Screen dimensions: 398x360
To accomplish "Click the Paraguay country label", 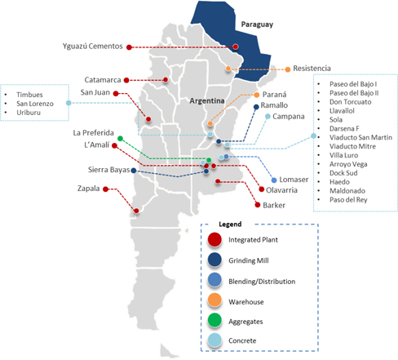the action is pyautogui.click(x=257, y=24).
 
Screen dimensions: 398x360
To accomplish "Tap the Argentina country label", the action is pyautogui.click(x=207, y=101).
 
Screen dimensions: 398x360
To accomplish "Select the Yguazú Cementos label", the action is pyautogui.click(x=93, y=47).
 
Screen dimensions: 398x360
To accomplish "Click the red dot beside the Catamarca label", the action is pyautogui.click(x=126, y=80).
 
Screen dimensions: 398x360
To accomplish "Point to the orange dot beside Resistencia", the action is pyautogui.click(x=288, y=69).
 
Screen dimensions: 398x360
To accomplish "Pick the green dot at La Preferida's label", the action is pyautogui.click(x=120, y=139).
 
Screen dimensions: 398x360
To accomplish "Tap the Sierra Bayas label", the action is pyautogui.click(x=108, y=170).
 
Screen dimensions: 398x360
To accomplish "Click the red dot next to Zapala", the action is pyautogui.click(x=105, y=189).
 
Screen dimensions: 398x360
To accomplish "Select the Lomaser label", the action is pyautogui.click(x=294, y=180).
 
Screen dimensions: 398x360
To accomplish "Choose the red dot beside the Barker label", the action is pyautogui.click(x=258, y=205).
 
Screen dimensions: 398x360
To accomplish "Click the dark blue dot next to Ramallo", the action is pyautogui.click(x=256, y=107).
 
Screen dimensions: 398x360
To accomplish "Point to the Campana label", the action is pyautogui.click(x=289, y=117).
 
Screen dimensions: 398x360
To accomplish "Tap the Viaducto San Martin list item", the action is pyautogui.click(x=360, y=137).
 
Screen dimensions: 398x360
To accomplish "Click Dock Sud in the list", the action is pyautogui.click(x=343, y=173).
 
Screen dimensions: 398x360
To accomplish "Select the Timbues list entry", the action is pyautogui.click(x=29, y=95).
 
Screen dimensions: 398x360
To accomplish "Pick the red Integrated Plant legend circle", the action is pyautogui.click(x=214, y=239).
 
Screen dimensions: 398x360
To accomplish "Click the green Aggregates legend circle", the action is pyautogui.click(x=214, y=320).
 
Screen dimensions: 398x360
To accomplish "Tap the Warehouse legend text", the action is pyautogui.click(x=246, y=302).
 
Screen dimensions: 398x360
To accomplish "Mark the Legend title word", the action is pyautogui.click(x=230, y=224).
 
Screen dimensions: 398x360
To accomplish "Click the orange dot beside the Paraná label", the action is pyautogui.click(x=257, y=95).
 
